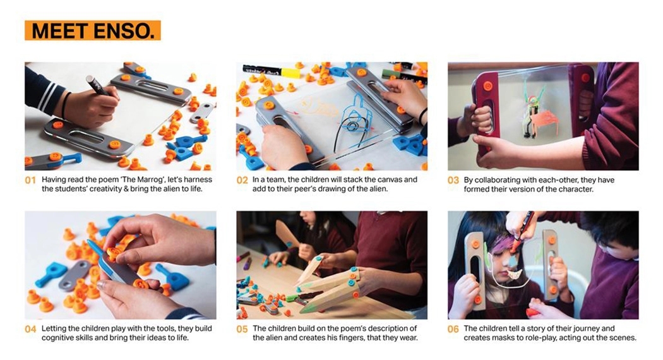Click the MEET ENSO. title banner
click(92, 30)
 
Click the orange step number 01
click(30, 180)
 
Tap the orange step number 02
click(242, 180)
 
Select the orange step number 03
click(453, 180)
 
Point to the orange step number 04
click(30, 329)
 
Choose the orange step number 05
click(242, 329)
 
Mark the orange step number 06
click(453, 329)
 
